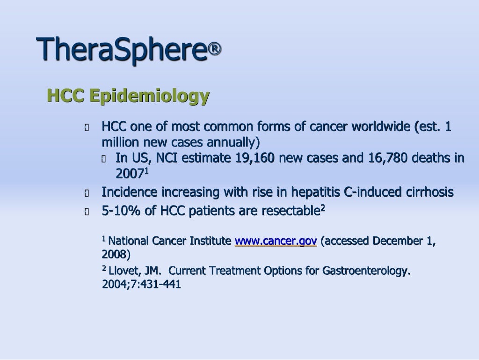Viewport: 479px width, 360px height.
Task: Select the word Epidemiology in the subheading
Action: click(149, 96)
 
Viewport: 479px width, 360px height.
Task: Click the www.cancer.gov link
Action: click(276, 241)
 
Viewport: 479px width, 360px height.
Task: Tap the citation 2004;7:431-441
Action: click(141, 284)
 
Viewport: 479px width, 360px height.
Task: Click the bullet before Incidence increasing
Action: click(86, 193)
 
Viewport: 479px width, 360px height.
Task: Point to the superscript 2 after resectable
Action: click(322, 208)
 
